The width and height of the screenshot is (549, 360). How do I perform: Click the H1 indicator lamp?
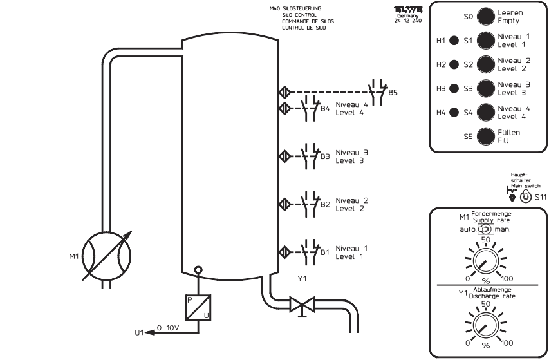pyautogui.click(x=453, y=41)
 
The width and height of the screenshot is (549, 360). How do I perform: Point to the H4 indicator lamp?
pyautogui.click(x=453, y=112)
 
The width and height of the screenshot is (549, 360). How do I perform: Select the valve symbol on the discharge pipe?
pyautogui.click(x=300, y=302)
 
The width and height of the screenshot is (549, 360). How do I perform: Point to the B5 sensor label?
pyautogui.click(x=393, y=93)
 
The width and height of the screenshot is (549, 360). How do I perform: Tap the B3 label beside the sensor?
pyautogui.click(x=325, y=156)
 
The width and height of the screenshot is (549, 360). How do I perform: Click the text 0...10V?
pyautogui.click(x=169, y=328)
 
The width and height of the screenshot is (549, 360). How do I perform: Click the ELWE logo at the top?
pyautogui.click(x=405, y=10)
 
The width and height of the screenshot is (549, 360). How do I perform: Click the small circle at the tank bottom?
pyautogui.click(x=198, y=270)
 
